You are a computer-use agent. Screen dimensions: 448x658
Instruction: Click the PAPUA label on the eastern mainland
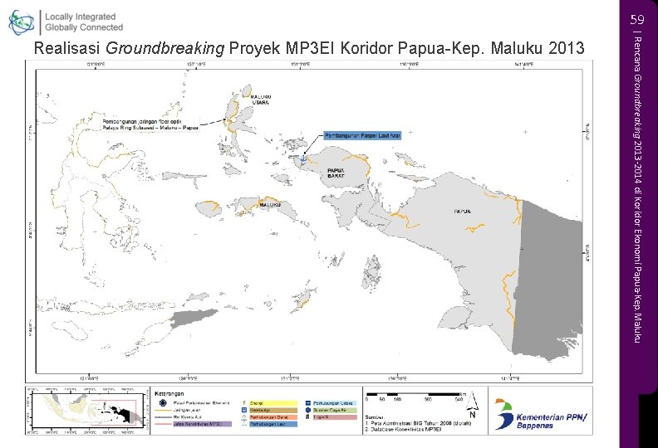pyautogui.click(x=463, y=212)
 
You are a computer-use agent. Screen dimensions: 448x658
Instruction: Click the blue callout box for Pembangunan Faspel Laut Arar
pyautogui.click(x=361, y=134)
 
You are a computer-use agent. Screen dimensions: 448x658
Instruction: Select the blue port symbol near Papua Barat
pyautogui.click(x=304, y=158)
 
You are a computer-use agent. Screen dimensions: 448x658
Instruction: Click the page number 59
pyautogui.click(x=637, y=19)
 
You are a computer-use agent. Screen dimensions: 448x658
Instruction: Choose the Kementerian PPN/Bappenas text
pyautogui.click(x=553, y=417)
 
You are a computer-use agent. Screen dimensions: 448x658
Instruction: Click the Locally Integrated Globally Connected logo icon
pyautogui.click(x=22, y=22)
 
